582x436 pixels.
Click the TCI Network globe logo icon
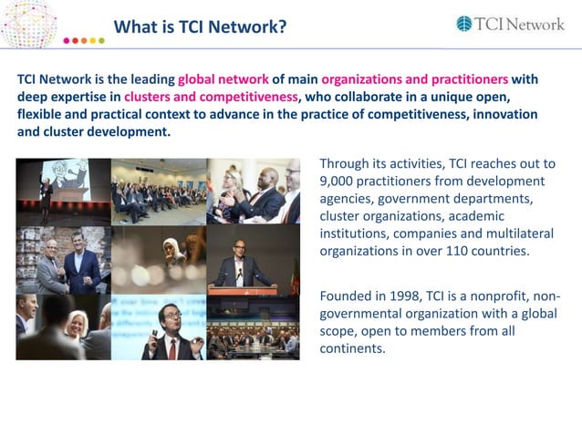tap(463, 25)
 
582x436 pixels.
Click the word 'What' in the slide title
tap(134, 27)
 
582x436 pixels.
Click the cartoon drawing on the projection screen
tap(70, 174)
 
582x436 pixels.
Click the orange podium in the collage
tap(243, 291)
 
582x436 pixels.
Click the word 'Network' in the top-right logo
tap(534, 25)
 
